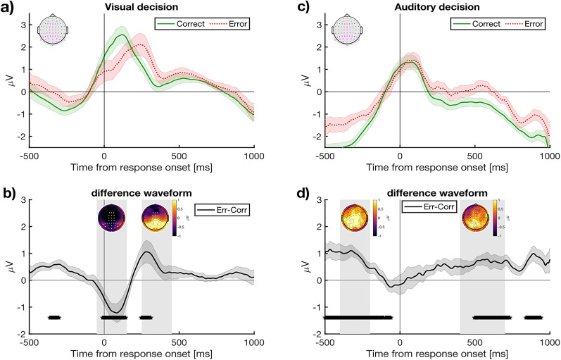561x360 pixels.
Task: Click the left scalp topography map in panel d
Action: (354, 215)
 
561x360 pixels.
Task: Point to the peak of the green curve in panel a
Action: (122, 35)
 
